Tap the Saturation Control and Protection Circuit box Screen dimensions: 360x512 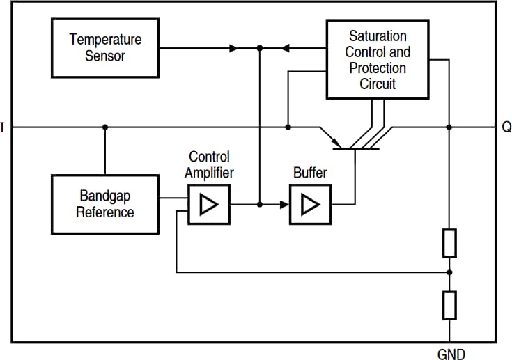pos(378,59)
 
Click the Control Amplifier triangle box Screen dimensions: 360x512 pos(208,205)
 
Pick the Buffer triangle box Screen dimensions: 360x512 pos(310,205)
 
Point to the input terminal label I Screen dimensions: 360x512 pos(3,127)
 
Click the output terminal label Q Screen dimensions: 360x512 pos(506,127)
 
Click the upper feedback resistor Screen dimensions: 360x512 pos(449,242)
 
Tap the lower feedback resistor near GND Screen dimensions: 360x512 pos(449,304)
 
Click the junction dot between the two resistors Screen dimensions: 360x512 pos(449,272)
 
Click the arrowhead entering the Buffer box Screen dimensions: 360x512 pos(284,205)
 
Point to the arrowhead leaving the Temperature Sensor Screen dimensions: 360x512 pos(234,49)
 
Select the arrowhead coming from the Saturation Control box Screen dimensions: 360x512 pos(286,49)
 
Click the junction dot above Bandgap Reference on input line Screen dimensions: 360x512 pos(105,127)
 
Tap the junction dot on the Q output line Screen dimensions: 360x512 pos(449,127)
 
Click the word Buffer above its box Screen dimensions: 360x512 pos(310,173)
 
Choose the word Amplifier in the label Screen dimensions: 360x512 pos(209,173)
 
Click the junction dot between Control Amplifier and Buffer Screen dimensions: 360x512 pos(260,205)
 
